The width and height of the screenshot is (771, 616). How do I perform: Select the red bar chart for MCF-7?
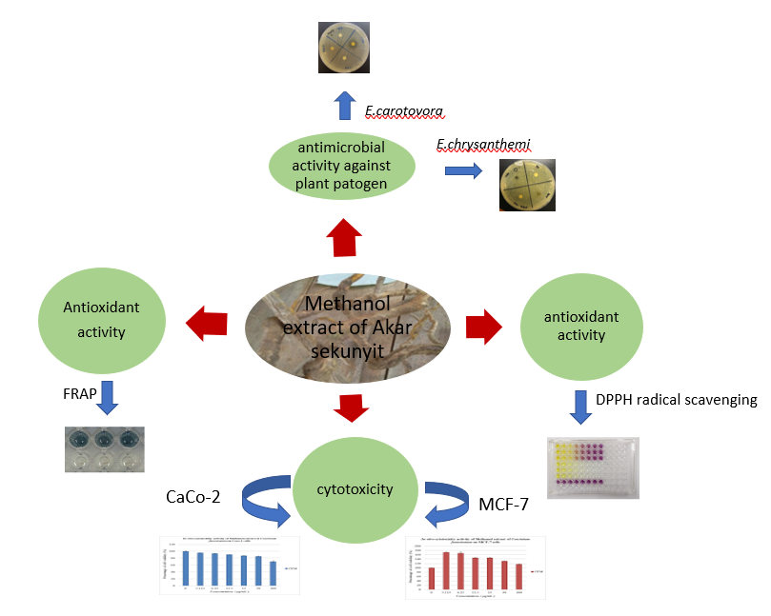474,571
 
